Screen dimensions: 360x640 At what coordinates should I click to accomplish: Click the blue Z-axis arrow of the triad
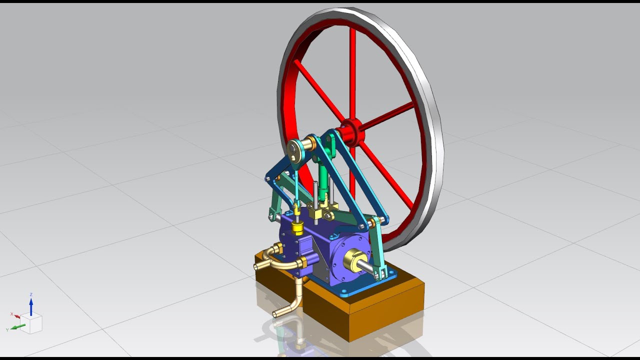(x=31, y=306)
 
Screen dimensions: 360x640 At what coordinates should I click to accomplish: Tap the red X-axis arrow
(x=17, y=316)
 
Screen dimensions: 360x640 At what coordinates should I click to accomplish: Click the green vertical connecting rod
(x=323, y=177)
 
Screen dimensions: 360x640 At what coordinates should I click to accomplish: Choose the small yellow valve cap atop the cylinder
(x=297, y=228)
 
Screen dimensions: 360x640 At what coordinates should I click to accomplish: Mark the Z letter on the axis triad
(x=31, y=294)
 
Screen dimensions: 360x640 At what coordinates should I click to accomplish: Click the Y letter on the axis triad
(x=7, y=330)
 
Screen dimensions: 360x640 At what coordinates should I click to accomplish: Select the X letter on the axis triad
(x=11, y=314)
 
